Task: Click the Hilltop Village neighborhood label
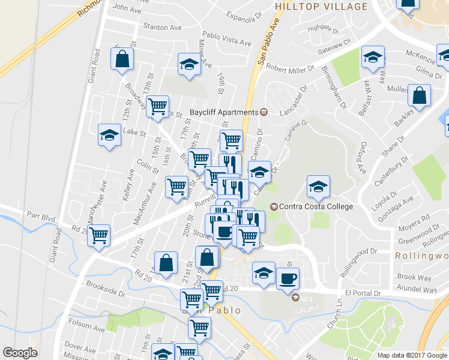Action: click(x=321, y=7)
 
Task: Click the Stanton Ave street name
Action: click(x=162, y=26)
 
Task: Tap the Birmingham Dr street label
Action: click(x=334, y=88)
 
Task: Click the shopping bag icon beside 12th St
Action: click(x=122, y=59)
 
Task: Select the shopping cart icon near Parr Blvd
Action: click(x=98, y=235)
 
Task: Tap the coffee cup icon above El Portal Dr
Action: click(x=288, y=278)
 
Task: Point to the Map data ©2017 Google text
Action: click(x=412, y=355)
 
